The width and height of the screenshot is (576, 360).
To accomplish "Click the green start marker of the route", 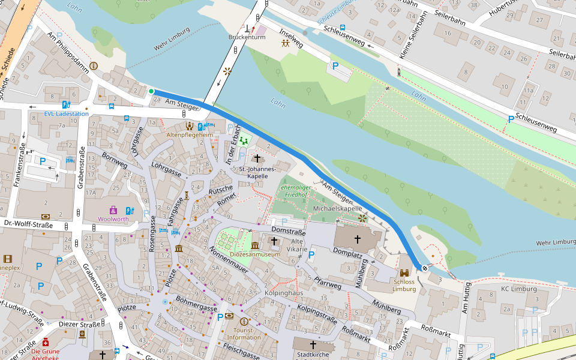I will tap(151, 91).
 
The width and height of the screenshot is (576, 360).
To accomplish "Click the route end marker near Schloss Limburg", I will tap(425, 268).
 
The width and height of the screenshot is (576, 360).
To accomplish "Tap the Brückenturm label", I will tap(247, 37).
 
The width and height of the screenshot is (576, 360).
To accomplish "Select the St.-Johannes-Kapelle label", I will tap(257, 172).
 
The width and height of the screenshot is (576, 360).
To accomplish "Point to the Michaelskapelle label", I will tap(338, 208).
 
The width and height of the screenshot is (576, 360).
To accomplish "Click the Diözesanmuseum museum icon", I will tap(255, 245).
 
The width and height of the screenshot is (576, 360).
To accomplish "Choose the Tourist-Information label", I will tap(244, 334).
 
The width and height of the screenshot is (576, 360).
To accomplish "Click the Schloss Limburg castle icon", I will tap(404, 273).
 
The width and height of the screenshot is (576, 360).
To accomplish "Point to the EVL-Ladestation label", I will tap(66, 113).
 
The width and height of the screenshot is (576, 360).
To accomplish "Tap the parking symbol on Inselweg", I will tap(335, 65).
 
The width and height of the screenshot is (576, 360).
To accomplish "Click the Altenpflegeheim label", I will tap(190, 135).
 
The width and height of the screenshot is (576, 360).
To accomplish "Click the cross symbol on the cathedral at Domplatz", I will tap(357, 239).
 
